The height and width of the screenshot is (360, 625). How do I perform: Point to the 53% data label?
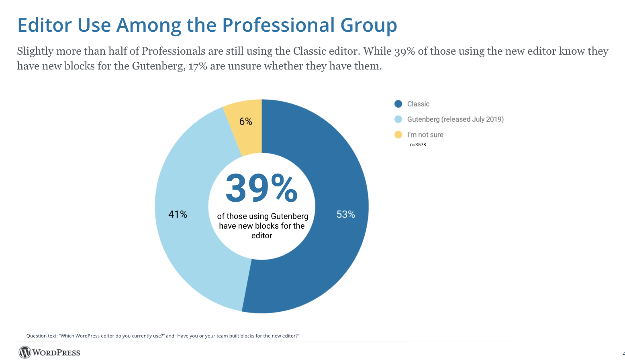pos(345,215)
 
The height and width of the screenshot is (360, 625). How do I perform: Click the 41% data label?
pos(178,215)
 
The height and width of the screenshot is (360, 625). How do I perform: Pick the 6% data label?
pos(245,121)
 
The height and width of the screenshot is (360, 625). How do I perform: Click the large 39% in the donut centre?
pos(261,188)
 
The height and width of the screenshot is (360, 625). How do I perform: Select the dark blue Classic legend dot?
pos(398,104)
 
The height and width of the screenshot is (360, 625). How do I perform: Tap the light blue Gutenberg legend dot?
pos(398,119)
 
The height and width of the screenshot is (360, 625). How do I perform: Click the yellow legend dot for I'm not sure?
pos(398,135)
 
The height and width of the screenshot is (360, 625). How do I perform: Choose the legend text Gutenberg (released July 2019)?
pos(455,119)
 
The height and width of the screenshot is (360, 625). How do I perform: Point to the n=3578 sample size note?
pos(418,145)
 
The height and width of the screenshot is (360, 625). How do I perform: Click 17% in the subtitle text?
pos(198,66)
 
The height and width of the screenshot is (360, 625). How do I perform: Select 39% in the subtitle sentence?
pos(404,51)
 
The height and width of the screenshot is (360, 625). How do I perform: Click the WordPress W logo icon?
pos(25,352)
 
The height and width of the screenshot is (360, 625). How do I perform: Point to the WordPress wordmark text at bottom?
pos(56,353)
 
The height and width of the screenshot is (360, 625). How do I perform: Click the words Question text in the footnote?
pos(42,336)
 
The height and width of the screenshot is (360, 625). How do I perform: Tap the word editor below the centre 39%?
pos(261,236)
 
